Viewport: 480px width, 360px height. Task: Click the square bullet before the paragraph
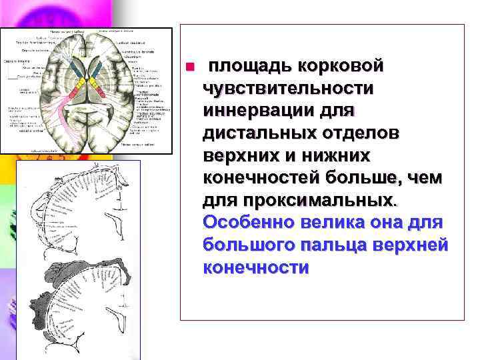click(189, 67)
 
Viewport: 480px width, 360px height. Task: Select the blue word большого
click(256, 245)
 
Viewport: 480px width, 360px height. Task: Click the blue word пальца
click(349, 245)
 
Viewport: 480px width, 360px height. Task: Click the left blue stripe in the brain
click(74, 67)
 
